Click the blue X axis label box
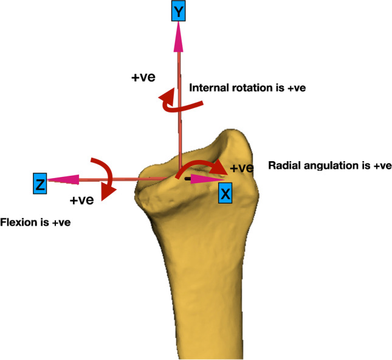pos(225,194)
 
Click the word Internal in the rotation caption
pos(210,88)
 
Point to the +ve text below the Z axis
pos(82,200)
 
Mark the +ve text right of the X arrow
pos(242,168)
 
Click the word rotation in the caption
pos(250,88)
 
